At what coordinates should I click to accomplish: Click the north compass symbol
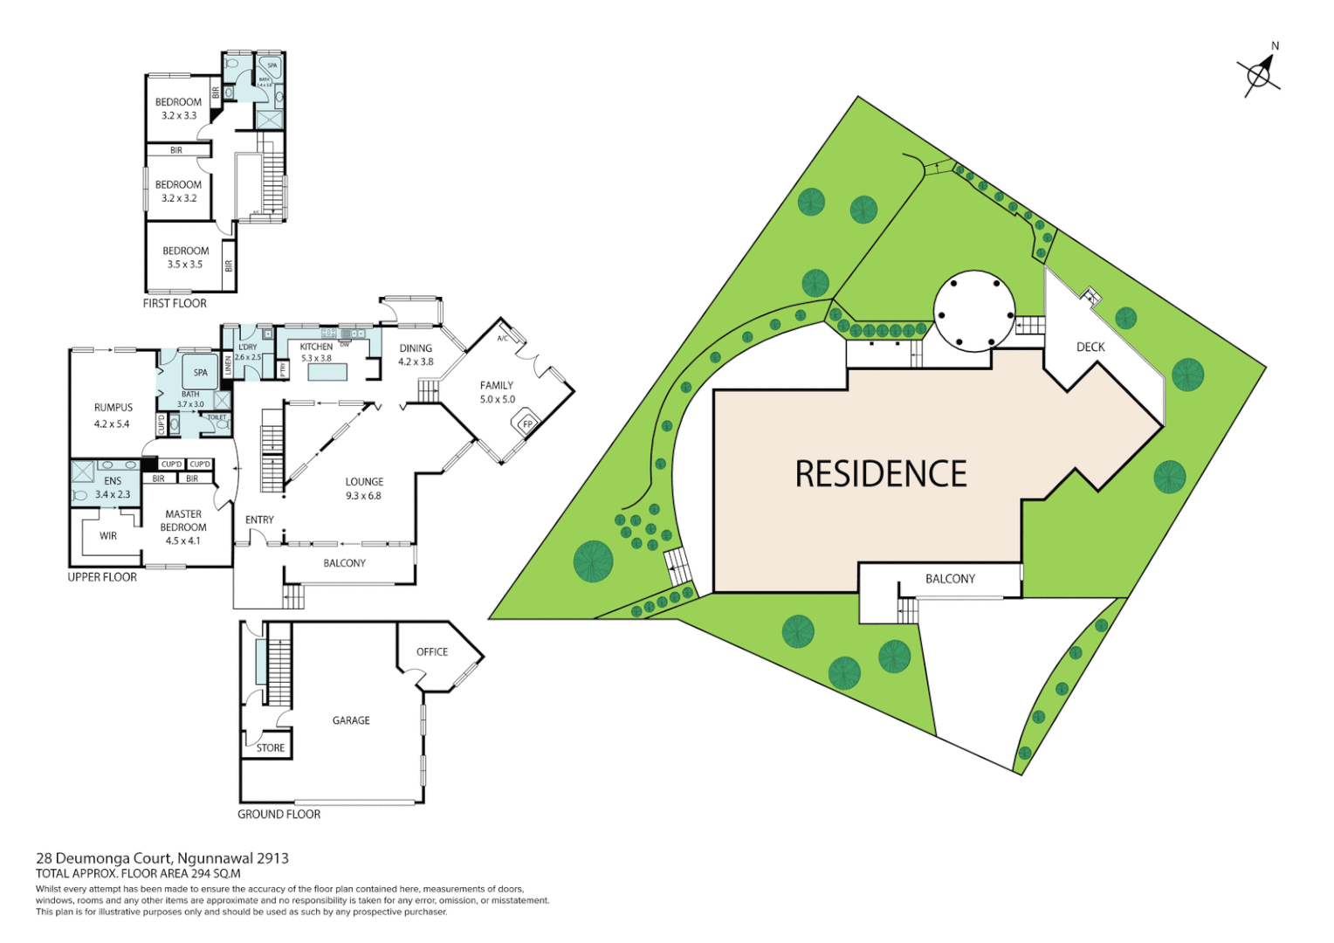click(x=1259, y=74)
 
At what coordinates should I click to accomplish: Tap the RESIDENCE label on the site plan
click(x=880, y=474)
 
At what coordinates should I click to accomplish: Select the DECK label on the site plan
click(x=1090, y=347)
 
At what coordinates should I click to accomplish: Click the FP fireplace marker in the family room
click(x=527, y=424)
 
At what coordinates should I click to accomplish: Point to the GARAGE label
click(x=351, y=720)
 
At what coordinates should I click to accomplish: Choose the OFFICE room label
click(x=432, y=652)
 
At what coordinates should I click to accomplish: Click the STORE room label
click(x=270, y=747)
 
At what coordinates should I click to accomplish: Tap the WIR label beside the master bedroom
click(x=108, y=536)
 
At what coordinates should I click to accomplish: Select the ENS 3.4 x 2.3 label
click(x=113, y=488)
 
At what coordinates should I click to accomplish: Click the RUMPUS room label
click(x=113, y=408)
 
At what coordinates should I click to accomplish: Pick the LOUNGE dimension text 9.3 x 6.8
click(x=363, y=496)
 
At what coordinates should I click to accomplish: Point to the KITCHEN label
click(x=316, y=347)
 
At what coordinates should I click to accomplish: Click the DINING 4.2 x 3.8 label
click(x=416, y=354)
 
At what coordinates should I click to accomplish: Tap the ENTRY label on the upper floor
click(x=259, y=520)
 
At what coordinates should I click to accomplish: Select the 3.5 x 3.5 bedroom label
click(x=185, y=264)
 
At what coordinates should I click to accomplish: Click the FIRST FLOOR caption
click(x=175, y=303)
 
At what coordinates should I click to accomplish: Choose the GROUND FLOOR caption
click(x=278, y=814)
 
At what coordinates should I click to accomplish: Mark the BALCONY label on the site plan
click(x=950, y=579)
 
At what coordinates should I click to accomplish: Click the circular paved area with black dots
click(x=974, y=311)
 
